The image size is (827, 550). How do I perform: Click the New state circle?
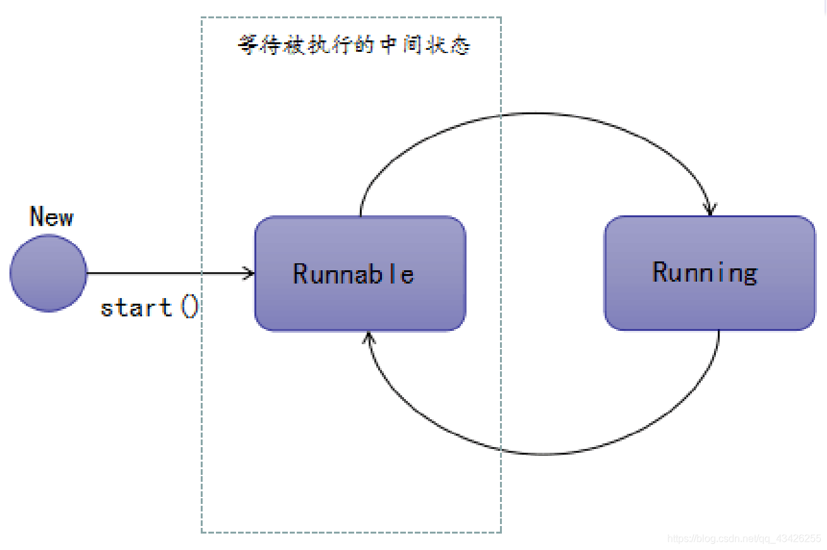(48, 273)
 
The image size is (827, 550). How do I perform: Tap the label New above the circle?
(52, 217)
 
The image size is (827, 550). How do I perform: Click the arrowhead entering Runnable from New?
(250, 273)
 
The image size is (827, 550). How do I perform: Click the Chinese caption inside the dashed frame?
(354, 46)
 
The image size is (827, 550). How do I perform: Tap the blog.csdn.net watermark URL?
(744, 539)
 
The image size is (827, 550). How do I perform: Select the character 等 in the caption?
(247, 46)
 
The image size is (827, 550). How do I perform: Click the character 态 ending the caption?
(461, 46)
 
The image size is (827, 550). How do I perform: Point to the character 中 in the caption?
(390, 46)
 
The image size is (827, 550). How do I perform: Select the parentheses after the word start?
(189, 308)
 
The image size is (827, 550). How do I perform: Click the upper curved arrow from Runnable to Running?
(537, 114)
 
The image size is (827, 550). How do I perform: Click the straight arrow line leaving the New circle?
(164, 273)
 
